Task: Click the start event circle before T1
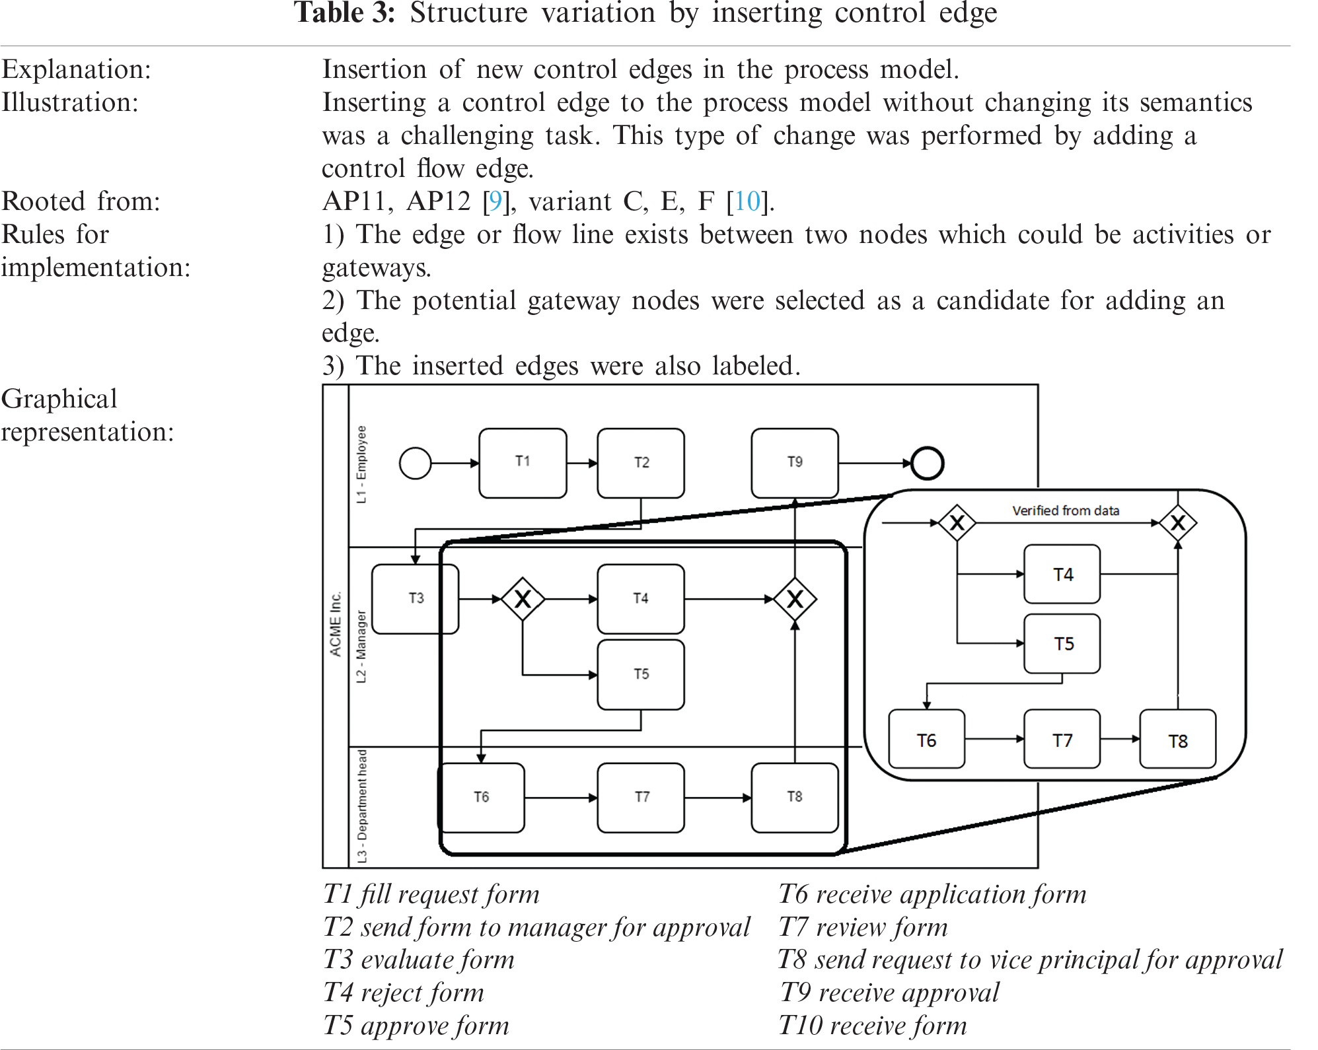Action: (x=416, y=463)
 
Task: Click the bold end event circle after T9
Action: (x=927, y=463)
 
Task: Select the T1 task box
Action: (x=523, y=462)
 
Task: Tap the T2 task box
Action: (x=641, y=462)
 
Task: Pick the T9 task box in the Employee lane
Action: (x=795, y=462)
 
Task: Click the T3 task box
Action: (x=416, y=598)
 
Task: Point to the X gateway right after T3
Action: (x=523, y=599)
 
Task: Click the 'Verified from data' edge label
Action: (x=1065, y=510)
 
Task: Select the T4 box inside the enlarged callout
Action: (x=1062, y=574)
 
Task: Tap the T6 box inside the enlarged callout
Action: (x=926, y=740)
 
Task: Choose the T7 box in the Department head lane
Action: (x=641, y=797)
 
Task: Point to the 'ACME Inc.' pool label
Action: (x=336, y=623)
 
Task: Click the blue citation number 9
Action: (x=495, y=201)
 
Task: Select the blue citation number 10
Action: (x=747, y=201)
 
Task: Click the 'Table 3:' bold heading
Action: (x=344, y=13)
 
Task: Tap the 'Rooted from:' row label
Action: (x=81, y=201)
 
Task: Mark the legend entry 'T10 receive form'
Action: (x=872, y=1026)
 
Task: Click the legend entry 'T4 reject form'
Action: (x=404, y=993)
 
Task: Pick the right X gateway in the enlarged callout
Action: (x=1177, y=523)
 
